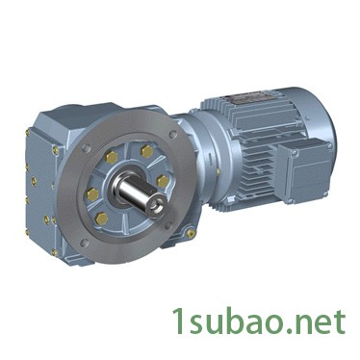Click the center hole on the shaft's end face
pyautogui.click(x=158, y=204)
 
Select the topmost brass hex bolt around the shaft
pyautogui.click(x=146, y=151)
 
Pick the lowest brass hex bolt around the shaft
pyautogui.click(x=101, y=219)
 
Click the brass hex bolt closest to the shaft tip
pyautogui.click(x=163, y=182)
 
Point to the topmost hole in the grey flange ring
pyautogui.click(x=173, y=134)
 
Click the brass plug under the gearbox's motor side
pyautogui.click(x=192, y=233)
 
